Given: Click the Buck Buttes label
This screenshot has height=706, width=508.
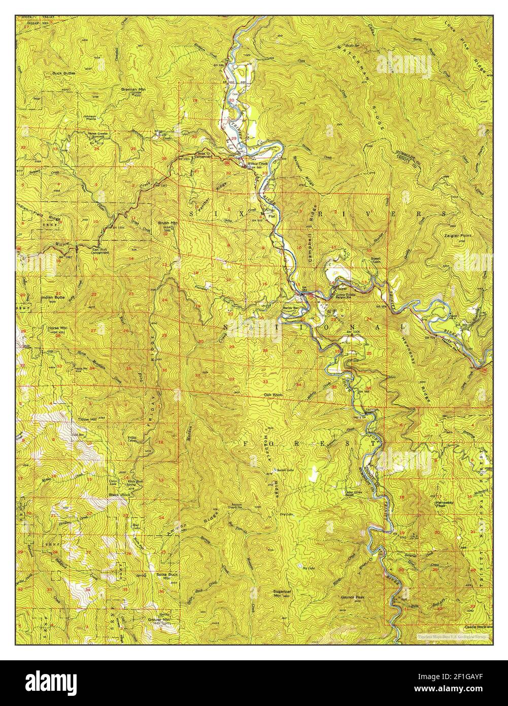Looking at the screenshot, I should tap(63, 73).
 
